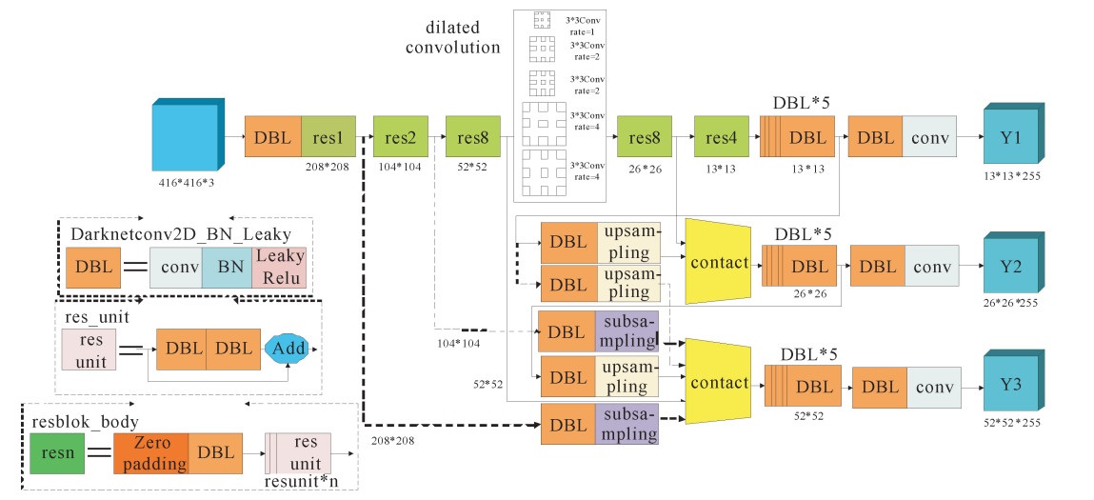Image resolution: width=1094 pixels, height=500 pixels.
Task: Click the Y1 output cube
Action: pyautogui.click(x=1012, y=138)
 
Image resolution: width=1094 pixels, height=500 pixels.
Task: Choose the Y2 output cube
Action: pyautogui.click(x=1012, y=264)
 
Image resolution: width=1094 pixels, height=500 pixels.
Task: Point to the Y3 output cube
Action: pyautogui.click(x=1012, y=387)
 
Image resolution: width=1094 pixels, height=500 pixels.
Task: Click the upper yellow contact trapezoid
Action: pyautogui.click(x=718, y=262)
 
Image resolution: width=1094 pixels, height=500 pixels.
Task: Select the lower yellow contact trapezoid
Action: pyautogui.click(x=718, y=382)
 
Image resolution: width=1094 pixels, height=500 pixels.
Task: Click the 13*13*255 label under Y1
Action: pyautogui.click(x=1010, y=177)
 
